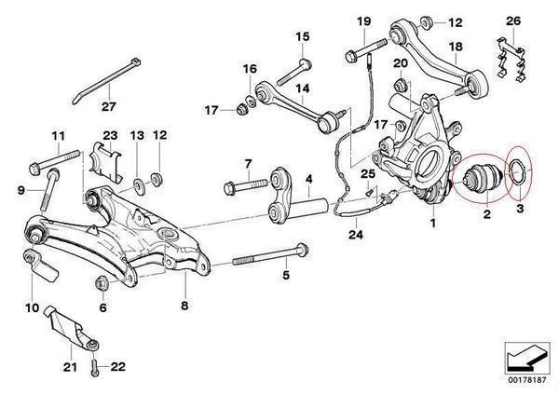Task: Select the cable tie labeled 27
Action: point(103,74)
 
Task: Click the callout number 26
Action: point(514,20)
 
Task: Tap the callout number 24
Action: point(353,234)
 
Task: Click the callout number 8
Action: point(184,305)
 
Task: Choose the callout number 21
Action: point(68,367)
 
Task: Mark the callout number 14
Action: point(302,89)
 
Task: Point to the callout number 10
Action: point(30,306)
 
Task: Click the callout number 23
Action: point(110,135)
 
